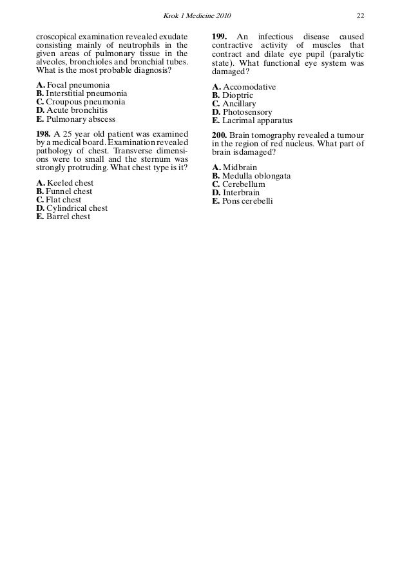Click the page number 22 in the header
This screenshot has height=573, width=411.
(x=361, y=15)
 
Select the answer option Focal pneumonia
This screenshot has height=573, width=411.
(x=73, y=85)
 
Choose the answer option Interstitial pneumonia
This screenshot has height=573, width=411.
(x=82, y=93)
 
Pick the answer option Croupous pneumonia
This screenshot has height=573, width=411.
(x=81, y=102)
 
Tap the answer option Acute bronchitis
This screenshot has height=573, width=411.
(x=72, y=110)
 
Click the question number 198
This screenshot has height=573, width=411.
(x=44, y=133)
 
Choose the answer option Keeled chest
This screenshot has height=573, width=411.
(x=65, y=183)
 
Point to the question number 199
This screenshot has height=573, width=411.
(x=220, y=35)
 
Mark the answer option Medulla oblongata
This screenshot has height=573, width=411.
(x=251, y=176)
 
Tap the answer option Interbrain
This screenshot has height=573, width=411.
(x=239, y=193)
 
